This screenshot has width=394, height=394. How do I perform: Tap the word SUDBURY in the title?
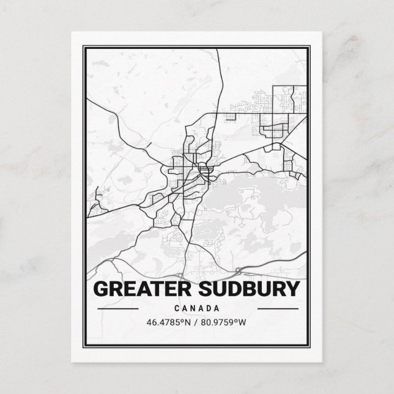click(249, 289)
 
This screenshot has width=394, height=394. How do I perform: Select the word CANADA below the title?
click(197, 308)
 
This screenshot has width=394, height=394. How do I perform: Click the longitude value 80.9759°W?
click(226, 322)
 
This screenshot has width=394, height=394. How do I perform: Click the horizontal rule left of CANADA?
click(119, 308)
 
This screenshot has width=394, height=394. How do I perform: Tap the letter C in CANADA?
click(177, 308)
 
